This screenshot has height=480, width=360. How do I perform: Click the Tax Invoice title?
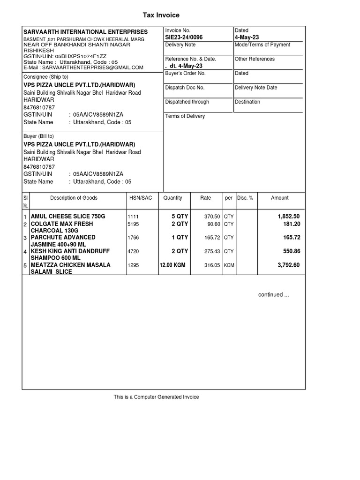point(161,15)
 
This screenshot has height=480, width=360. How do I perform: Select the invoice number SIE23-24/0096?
point(184,37)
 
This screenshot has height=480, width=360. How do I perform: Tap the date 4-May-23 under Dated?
point(247,37)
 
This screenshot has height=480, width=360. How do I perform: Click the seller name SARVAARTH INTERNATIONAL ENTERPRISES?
point(85,32)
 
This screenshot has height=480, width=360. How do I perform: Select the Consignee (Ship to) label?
point(46,77)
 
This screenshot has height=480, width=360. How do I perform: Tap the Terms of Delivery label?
point(185,116)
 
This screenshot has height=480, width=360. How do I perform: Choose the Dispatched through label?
point(187,102)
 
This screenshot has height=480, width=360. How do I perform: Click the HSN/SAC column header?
point(141,198)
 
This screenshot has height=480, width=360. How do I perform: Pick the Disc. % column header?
point(245,198)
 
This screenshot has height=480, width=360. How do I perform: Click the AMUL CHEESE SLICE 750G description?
point(68,216)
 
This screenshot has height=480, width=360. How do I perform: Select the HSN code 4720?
point(133,252)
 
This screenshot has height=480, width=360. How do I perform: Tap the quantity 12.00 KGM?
point(172,265)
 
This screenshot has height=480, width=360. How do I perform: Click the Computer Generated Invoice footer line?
point(156,397)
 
